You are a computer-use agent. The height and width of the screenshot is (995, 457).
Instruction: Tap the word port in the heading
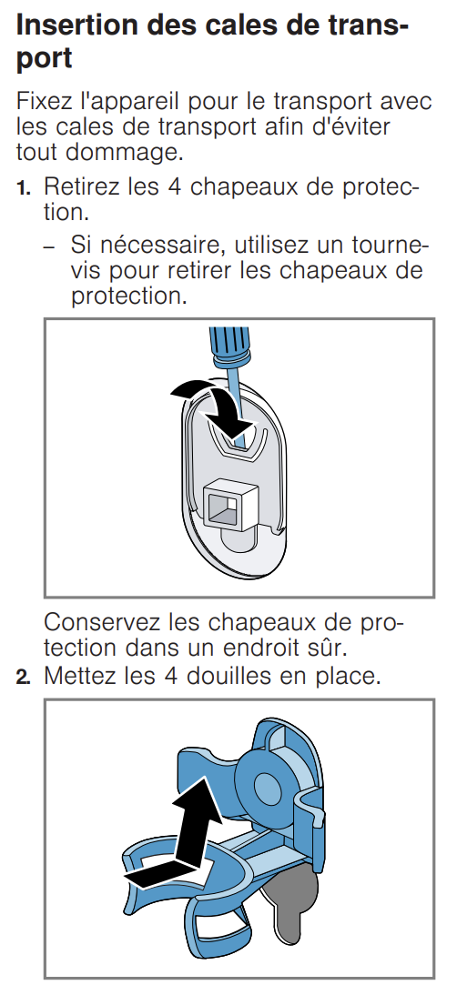44,58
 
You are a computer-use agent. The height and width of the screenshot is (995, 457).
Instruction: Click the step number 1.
24,188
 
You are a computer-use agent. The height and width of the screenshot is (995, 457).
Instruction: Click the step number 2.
24,677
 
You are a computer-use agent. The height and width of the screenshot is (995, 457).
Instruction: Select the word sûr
332,648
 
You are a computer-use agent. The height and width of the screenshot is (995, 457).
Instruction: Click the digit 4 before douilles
174,676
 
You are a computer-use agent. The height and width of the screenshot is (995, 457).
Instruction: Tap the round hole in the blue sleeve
269,788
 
